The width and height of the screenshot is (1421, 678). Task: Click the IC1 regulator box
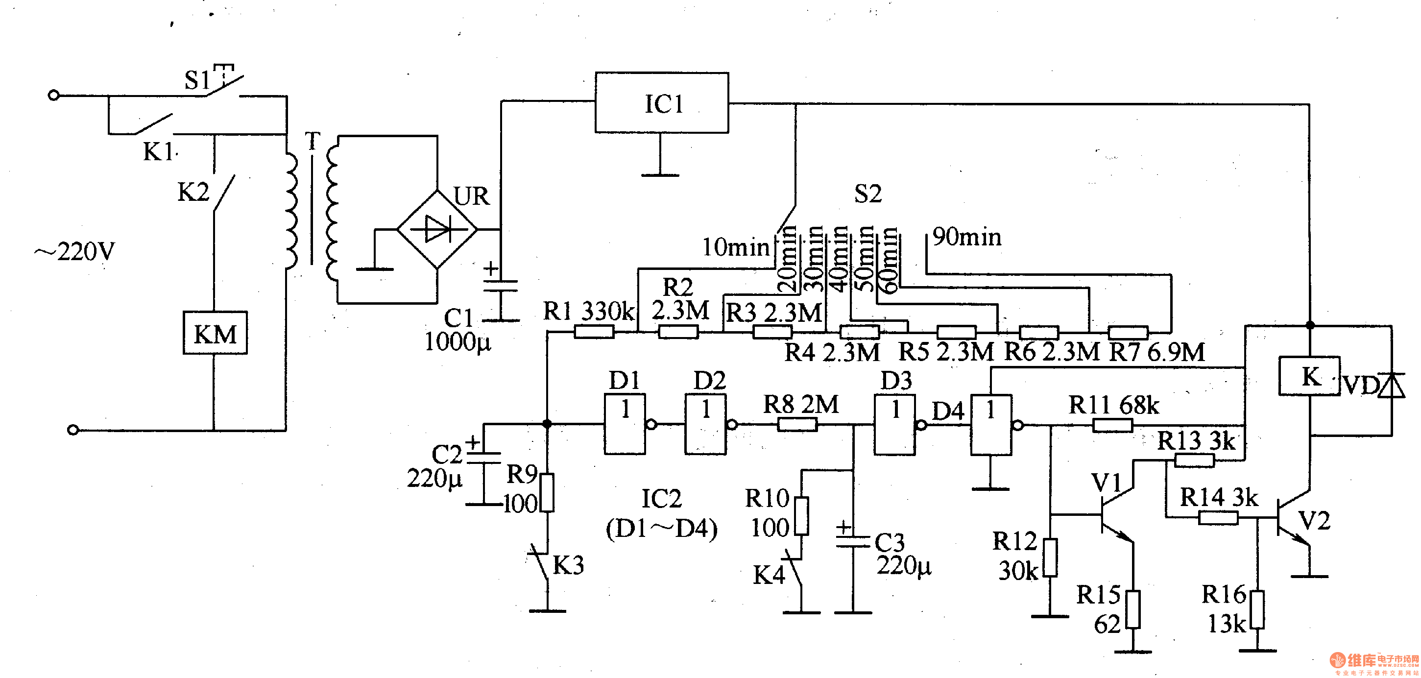point(661,102)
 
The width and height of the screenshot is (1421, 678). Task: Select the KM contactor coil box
point(215,333)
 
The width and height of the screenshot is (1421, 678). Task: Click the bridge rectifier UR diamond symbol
point(437,229)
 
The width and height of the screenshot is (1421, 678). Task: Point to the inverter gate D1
point(625,424)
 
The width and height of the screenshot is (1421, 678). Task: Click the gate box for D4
point(991,424)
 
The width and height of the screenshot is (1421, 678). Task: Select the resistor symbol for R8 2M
point(797,424)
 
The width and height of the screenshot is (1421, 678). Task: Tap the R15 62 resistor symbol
point(1133,609)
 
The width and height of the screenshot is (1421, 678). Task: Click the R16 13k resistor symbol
point(1257,609)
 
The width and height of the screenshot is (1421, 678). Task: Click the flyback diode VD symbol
point(1391,386)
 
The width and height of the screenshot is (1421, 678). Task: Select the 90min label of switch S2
point(966,237)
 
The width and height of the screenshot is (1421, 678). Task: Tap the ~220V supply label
point(74,252)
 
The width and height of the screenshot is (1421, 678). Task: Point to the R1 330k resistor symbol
point(594,332)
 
